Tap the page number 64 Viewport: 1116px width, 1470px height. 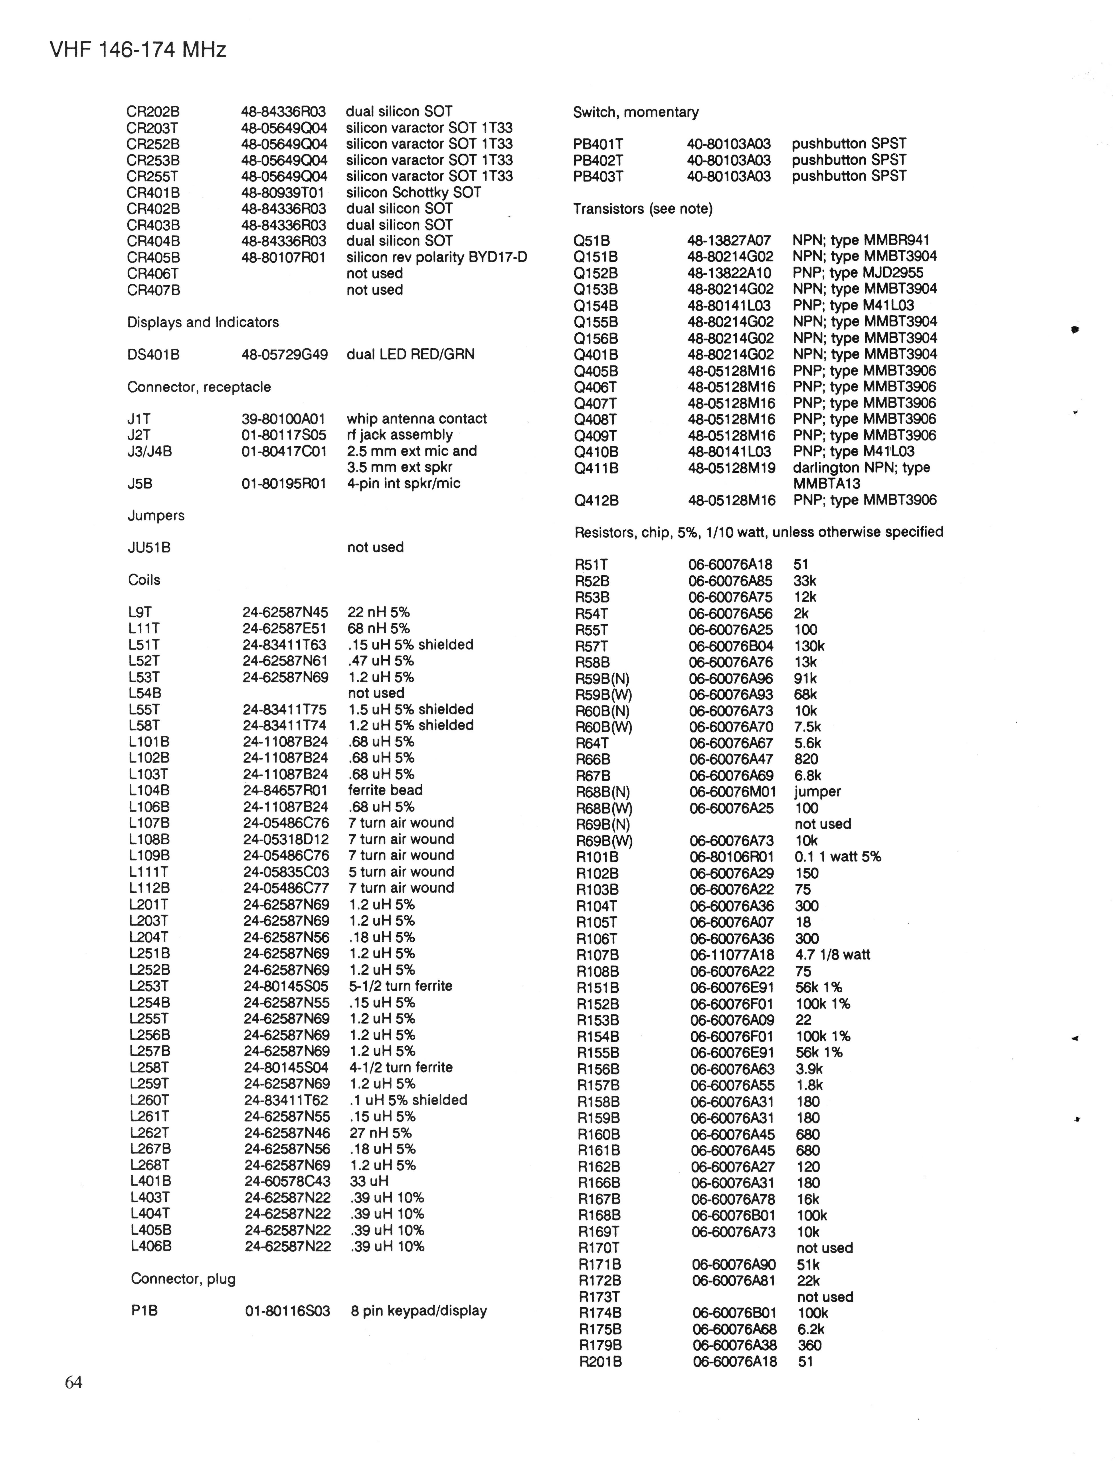pyautogui.click(x=74, y=1382)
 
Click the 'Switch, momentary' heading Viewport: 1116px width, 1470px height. pyautogui.click(x=635, y=112)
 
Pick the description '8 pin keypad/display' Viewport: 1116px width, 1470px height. pyautogui.click(x=419, y=1310)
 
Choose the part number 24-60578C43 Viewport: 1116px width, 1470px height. pyautogui.click(x=287, y=1181)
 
